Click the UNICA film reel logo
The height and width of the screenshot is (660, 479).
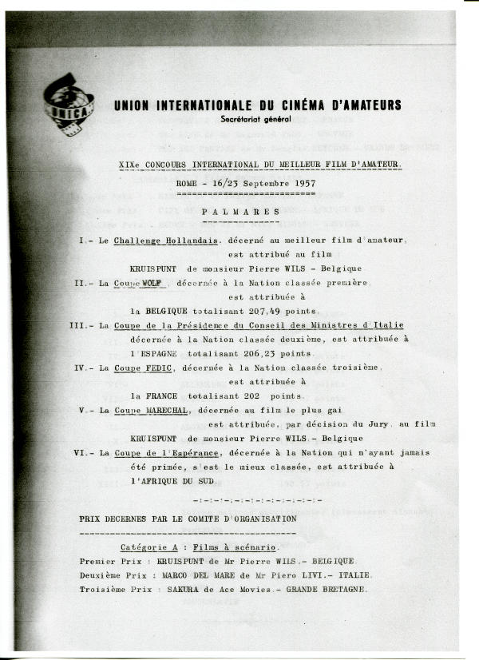click(69, 104)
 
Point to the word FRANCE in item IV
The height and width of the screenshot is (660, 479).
click(165, 396)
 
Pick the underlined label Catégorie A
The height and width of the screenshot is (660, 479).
click(149, 547)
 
